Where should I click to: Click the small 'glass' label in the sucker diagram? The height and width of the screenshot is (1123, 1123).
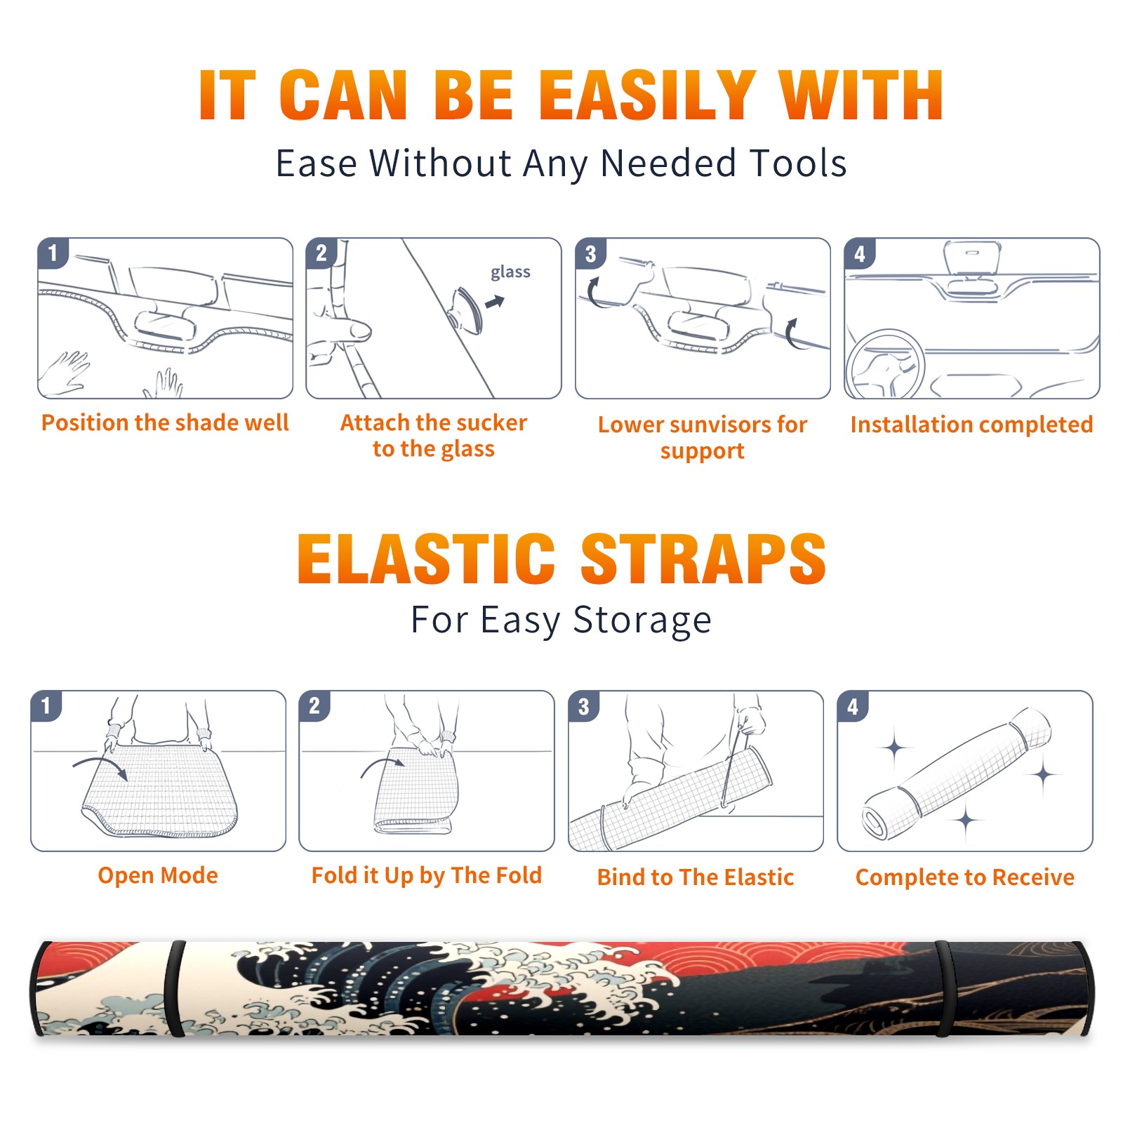[510, 272]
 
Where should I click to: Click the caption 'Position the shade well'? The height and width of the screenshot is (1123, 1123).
[165, 423]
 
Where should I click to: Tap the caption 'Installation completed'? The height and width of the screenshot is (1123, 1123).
[971, 425]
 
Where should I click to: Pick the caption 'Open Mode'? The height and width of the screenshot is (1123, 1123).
[158, 875]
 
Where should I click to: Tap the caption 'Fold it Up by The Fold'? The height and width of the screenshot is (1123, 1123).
[427, 875]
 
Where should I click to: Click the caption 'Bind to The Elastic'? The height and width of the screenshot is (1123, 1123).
[696, 877]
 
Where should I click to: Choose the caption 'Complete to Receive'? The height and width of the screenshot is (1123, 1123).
[965, 877]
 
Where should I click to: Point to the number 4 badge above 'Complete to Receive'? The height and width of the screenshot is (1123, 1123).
[853, 706]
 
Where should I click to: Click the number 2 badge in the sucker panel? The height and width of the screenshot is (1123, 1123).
[321, 253]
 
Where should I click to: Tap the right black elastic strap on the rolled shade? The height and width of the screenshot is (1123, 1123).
[945, 990]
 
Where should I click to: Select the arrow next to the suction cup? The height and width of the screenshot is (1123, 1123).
[496, 302]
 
